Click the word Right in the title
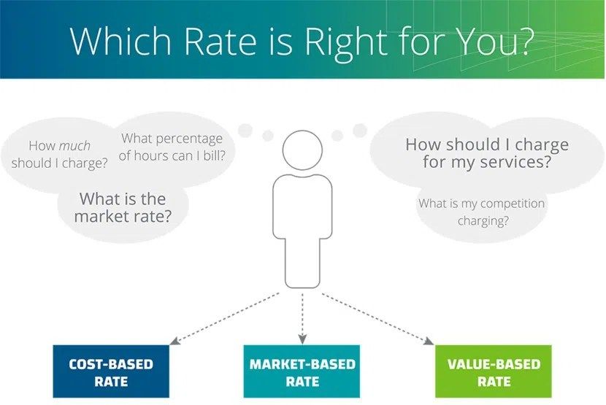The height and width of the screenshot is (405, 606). (x=346, y=42)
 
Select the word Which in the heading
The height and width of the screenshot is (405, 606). (x=120, y=41)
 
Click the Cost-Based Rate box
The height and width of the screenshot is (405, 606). (x=111, y=371)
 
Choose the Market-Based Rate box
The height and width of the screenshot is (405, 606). (x=302, y=371)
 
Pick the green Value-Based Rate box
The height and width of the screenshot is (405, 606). (x=494, y=371)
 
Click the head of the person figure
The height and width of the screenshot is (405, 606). (x=302, y=150)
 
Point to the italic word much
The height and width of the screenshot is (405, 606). (x=74, y=146)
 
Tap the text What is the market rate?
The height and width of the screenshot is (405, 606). (x=123, y=207)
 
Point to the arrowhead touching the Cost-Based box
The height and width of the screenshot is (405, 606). (x=174, y=341)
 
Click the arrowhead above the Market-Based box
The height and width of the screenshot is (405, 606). (x=302, y=339)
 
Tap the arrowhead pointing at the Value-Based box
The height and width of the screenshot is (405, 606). (x=429, y=341)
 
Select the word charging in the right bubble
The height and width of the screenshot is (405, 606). (x=480, y=221)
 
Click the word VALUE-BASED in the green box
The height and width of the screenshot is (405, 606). (x=494, y=364)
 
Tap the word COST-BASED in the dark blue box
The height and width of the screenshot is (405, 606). (x=111, y=364)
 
